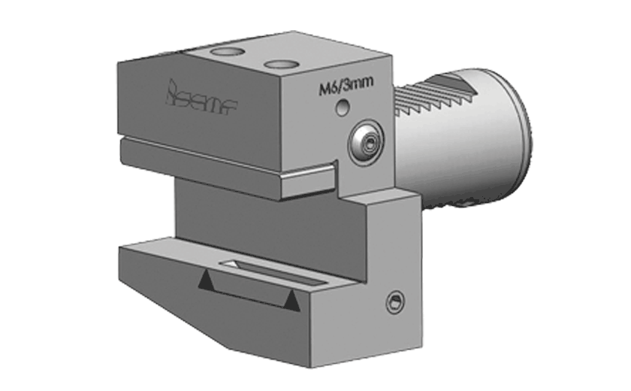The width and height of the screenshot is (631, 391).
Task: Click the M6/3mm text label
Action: click(x=343, y=88)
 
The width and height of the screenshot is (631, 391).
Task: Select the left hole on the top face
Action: click(x=225, y=52)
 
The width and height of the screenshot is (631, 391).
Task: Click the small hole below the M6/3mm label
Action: click(x=343, y=109)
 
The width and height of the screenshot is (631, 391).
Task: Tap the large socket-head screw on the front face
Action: click(x=366, y=141)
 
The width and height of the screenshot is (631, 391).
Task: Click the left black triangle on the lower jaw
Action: click(x=204, y=281)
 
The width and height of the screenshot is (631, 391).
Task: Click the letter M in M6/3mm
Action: click(x=324, y=88)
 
